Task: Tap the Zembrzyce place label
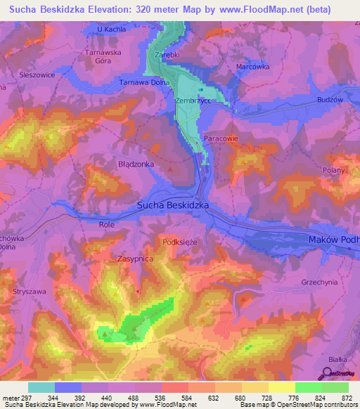pos(193,101)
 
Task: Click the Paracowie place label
pos(221,139)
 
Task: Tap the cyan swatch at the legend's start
pos(41,387)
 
